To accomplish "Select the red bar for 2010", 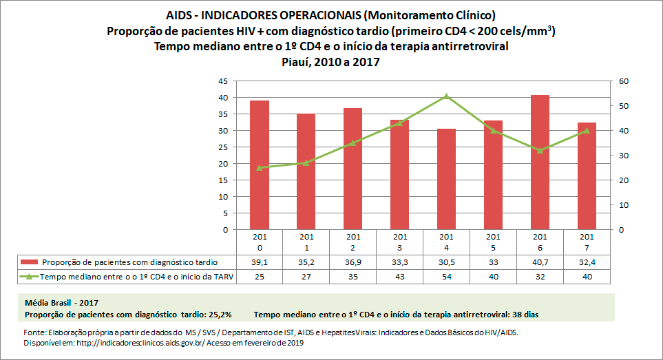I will (259, 165).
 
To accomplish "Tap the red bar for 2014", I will (446, 179).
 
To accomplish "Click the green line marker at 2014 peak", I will (446, 96).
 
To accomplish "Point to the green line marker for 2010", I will (259, 167).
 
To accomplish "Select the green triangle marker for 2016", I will (540, 150).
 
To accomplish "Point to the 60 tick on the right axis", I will (624, 81).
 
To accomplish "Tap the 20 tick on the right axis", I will (624, 180).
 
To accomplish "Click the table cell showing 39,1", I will (259, 262).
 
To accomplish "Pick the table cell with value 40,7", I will (540, 262).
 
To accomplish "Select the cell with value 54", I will (446, 277).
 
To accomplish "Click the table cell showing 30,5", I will (446, 262).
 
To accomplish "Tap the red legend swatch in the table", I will (30, 262).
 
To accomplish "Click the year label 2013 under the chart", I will (399, 242).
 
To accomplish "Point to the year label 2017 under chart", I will (587, 242).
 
